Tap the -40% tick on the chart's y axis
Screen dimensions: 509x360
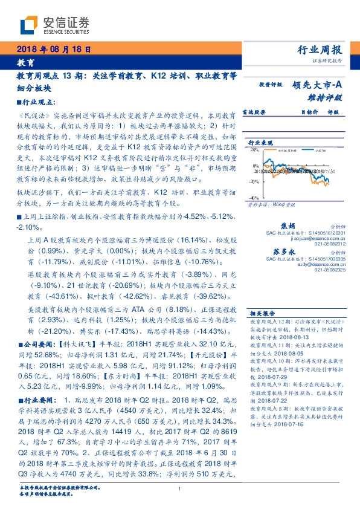[x=256, y=198]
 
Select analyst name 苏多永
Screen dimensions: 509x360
[x=286, y=251]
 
